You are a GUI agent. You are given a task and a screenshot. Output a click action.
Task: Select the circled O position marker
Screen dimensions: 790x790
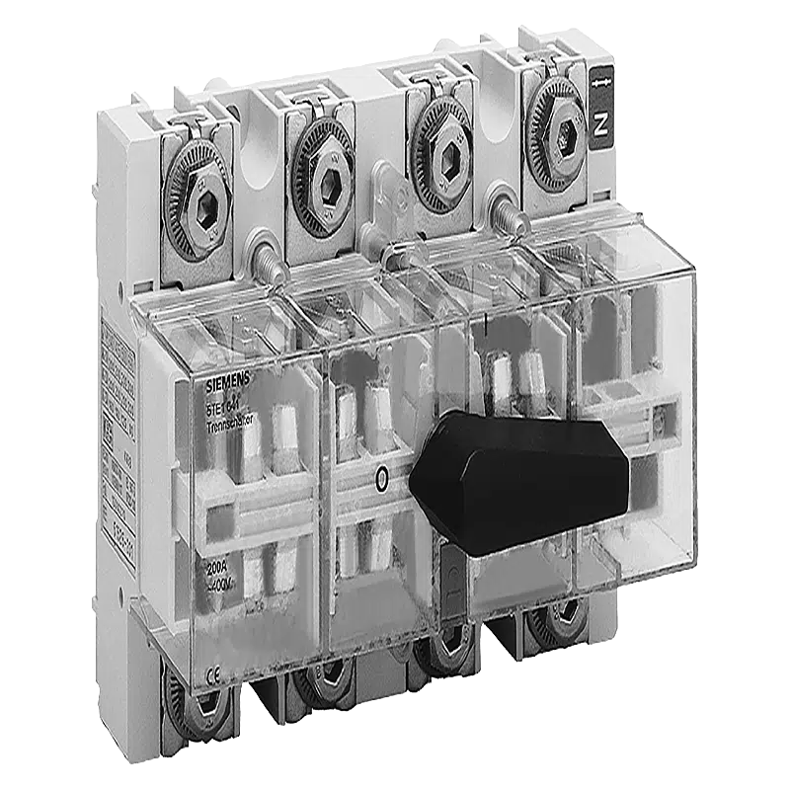(382, 481)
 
